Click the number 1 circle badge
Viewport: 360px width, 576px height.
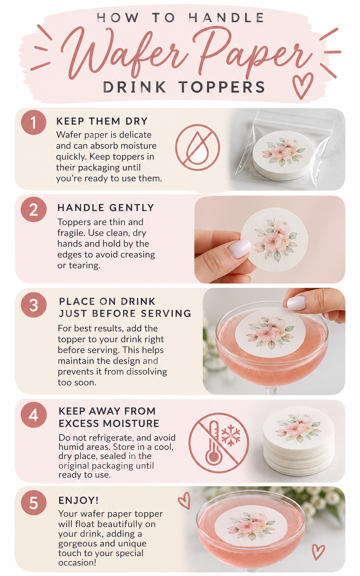coord(34,122)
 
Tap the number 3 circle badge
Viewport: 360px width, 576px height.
coord(34,305)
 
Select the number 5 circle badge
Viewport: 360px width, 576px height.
coord(34,503)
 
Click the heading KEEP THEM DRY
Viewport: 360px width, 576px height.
coord(102,121)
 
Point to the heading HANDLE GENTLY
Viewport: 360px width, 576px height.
coord(106,207)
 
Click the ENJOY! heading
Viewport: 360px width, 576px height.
coord(78,500)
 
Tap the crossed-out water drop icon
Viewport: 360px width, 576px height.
coord(197,147)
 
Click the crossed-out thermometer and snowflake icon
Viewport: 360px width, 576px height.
coord(219,443)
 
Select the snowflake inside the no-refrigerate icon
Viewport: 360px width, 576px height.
coord(231,433)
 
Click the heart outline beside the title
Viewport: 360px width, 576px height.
coord(303,86)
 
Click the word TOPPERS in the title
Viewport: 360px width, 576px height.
coord(222,87)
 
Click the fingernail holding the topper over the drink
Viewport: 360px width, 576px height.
coord(296,303)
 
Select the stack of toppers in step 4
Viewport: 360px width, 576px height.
coord(298,440)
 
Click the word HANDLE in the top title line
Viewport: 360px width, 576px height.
coord(226,18)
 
